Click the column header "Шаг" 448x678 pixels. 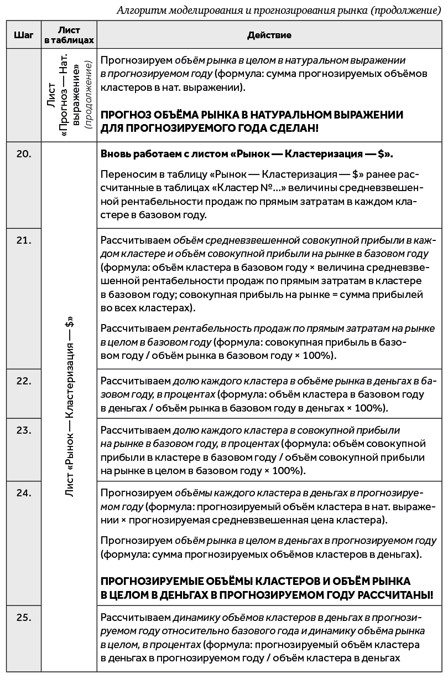pos(23,35)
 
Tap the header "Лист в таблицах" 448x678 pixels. pos(69,35)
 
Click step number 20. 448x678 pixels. pos(23,155)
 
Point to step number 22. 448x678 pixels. pos(23,381)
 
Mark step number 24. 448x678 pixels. pos(23,492)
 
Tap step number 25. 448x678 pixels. pos(23,618)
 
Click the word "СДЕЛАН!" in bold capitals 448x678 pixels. pos(293,128)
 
